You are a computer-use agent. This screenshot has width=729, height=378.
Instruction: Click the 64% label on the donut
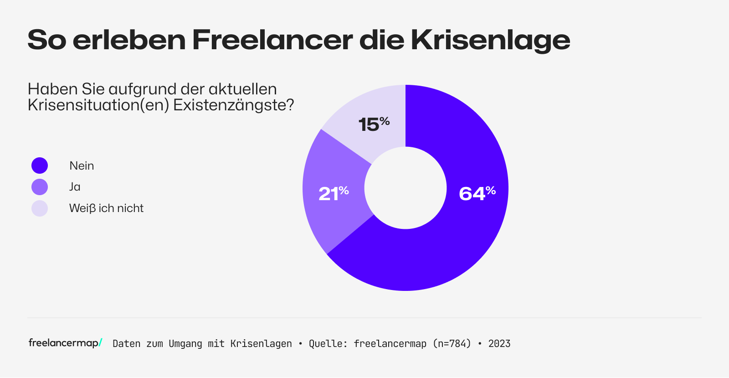(477, 193)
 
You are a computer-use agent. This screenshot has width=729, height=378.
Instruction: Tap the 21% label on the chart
(334, 193)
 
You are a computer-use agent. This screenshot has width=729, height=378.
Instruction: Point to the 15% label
(374, 124)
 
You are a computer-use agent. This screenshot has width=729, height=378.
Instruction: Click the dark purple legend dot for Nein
(40, 166)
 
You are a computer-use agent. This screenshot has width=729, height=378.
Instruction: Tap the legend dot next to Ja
(40, 187)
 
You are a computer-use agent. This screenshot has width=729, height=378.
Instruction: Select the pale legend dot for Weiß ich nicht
(40, 208)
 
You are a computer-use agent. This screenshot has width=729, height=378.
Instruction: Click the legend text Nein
(82, 166)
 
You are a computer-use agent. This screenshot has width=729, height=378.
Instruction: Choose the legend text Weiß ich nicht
(106, 208)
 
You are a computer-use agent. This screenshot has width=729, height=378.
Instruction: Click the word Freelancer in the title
(272, 40)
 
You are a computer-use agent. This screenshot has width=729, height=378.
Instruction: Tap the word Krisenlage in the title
(490, 40)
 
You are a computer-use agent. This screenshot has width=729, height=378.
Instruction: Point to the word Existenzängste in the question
(233, 105)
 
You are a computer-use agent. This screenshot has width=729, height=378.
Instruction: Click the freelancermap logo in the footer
(65, 343)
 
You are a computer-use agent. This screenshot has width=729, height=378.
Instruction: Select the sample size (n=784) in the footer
(452, 344)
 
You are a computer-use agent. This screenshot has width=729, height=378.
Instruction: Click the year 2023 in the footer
(499, 344)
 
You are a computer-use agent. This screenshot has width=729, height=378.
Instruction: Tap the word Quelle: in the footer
(328, 344)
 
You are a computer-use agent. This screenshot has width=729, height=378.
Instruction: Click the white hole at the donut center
(406, 188)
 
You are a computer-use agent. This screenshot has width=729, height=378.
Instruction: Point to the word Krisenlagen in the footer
(261, 344)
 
